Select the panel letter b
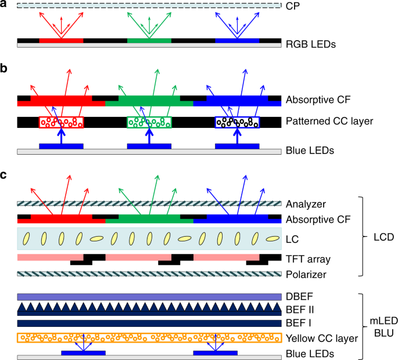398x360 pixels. point(4,69)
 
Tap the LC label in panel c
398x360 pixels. point(292,238)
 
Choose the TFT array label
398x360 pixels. point(307,257)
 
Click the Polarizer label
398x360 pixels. point(306,274)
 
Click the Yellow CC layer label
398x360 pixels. point(320,338)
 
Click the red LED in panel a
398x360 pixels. point(61,41)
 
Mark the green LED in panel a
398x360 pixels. point(149,41)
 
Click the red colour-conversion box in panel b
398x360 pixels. point(61,122)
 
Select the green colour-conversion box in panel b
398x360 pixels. point(149,122)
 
